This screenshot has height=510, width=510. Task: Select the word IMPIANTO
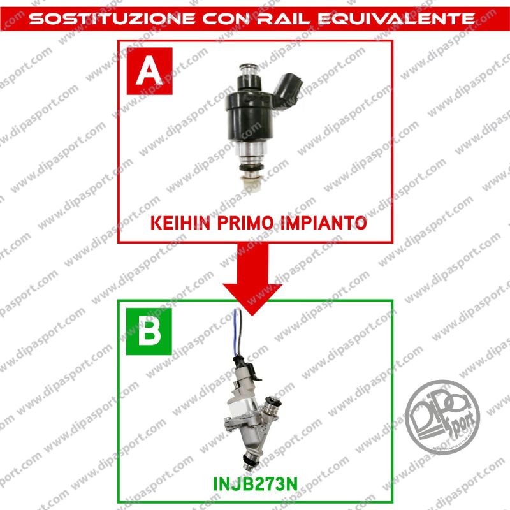325,223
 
